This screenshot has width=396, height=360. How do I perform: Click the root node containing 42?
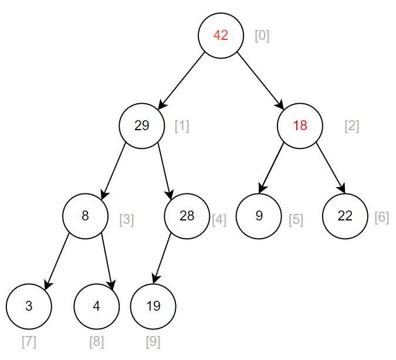(x=221, y=35)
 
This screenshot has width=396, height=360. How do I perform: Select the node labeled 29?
(x=141, y=125)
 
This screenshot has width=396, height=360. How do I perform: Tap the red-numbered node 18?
(x=300, y=125)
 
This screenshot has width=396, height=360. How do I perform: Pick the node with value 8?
(x=85, y=216)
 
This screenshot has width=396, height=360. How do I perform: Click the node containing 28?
(x=187, y=216)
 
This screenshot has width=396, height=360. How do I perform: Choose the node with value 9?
(x=259, y=216)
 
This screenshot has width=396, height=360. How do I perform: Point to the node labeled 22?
(x=345, y=216)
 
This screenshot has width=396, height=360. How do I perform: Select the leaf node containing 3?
(x=29, y=306)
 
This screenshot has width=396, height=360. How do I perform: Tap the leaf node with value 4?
(x=97, y=306)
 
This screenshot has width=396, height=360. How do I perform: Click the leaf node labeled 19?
(x=153, y=306)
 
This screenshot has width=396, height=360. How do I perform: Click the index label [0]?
(x=262, y=36)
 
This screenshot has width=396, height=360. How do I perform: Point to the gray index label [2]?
(x=351, y=126)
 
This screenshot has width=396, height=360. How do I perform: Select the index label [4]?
(x=218, y=220)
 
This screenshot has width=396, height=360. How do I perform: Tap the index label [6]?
(x=381, y=218)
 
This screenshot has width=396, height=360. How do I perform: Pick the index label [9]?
(x=153, y=341)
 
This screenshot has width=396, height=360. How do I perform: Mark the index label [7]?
(x=29, y=341)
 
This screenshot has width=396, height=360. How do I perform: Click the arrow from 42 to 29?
(x=181, y=80)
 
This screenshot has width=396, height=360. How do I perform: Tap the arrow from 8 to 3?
(x=57, y=261)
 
